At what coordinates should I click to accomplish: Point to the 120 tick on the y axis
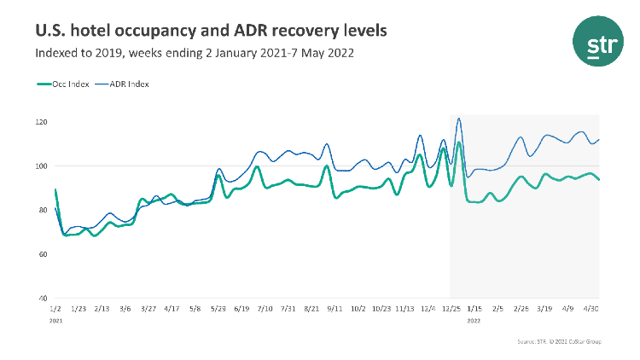point(41,122)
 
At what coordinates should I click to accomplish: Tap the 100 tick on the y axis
point(41,166)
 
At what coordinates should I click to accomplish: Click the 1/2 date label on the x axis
point(55,310)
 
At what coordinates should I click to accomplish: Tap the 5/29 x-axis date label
point(218,310)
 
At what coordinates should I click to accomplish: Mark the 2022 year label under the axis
point(474,322)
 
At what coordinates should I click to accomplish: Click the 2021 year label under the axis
point(56,322)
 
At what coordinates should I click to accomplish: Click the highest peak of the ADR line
point(459,119)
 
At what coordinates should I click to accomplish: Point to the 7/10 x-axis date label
point(265,310)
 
